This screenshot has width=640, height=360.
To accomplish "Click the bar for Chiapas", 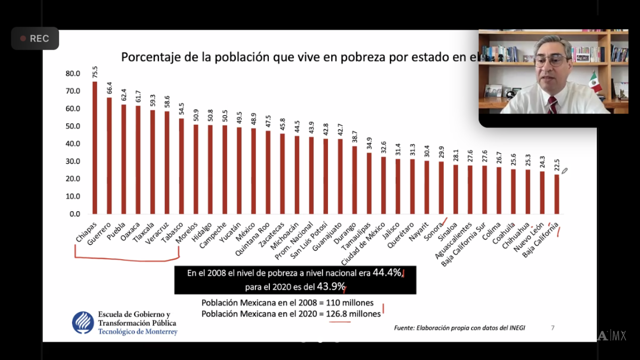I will pyautogui.click(x=94, y=147).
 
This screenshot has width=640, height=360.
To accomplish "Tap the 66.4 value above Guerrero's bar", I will pyautogui.click(x=109, y=86).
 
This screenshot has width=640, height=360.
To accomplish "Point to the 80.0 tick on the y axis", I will pyautogui.click(x=73, y=74).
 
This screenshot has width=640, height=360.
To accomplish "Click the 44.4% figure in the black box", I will pyautogui.click(x=386, y=273).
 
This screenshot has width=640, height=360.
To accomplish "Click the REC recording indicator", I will pyautogui.click(x=35, y=38).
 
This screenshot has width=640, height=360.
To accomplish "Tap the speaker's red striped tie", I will pyautogui.click(x=553, y=105).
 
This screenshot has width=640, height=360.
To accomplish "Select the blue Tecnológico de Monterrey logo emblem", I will pyautogui.click(x=83, y=322).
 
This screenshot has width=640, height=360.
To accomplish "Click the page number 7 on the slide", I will pyautogui.click(x=553, y=327).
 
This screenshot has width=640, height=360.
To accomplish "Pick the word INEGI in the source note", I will pyautogui.click(x=515, y=327).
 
